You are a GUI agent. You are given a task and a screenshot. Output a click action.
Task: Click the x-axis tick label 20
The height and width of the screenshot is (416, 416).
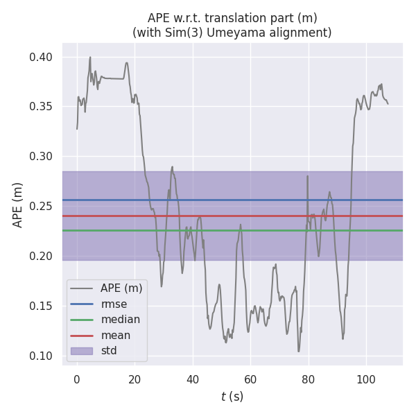135,379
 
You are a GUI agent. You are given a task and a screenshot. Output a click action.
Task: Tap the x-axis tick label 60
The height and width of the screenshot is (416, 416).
250,379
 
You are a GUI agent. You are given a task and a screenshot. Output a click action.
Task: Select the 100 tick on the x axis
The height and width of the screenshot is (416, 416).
366,379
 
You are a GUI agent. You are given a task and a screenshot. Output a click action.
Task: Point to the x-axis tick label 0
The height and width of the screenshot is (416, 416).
77,379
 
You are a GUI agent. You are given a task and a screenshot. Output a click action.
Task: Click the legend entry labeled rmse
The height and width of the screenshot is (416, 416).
114,304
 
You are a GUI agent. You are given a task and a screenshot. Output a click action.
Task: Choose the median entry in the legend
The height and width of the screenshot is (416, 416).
120,320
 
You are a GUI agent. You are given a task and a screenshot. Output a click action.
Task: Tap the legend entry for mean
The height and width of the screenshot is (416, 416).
115,335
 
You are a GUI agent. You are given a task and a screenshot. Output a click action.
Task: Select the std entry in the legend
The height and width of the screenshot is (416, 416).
109,351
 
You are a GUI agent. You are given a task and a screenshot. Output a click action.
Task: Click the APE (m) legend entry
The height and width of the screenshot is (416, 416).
121,288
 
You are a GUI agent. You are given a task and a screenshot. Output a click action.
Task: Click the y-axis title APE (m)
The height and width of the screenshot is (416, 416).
18,205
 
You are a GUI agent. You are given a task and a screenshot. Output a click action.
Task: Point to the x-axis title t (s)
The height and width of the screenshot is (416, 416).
232,397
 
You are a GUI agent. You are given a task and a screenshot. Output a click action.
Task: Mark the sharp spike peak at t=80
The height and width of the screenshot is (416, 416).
307,176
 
